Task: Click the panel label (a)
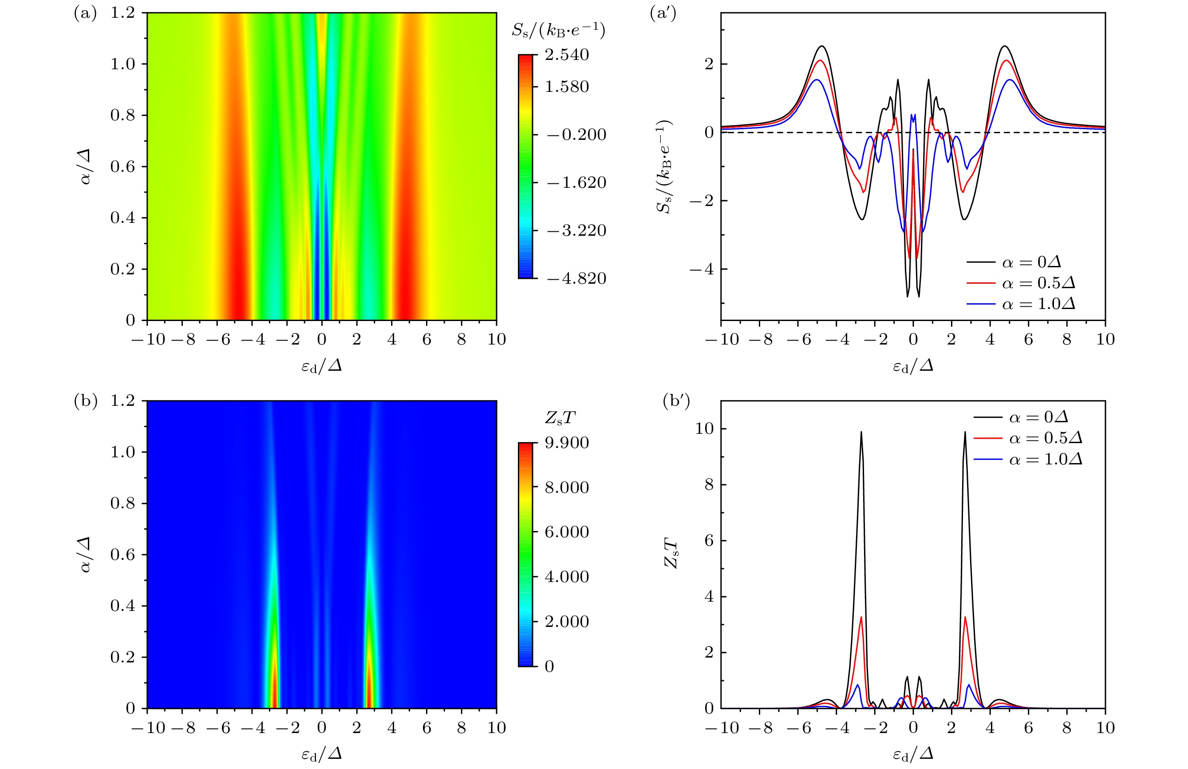click(x=85, y=13)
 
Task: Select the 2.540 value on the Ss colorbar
click(x=567, y=55)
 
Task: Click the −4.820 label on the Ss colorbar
click(x=576, y=278)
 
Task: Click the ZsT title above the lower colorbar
click(x=560, y=418)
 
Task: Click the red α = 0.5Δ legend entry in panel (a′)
click(x=1020, y=283)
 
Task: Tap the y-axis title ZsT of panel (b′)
click(x=671, y=554)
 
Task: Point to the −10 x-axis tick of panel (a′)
click(x=722, y=340)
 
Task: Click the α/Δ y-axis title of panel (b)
click(x=86, y=554)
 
